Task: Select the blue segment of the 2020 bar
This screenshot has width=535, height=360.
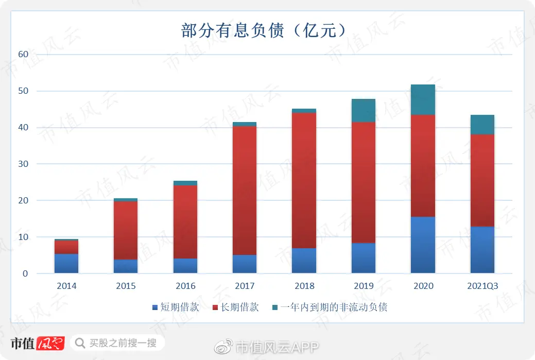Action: [423, 245]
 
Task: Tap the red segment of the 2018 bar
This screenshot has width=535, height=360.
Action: [304, 180]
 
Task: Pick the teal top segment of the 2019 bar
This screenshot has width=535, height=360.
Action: [363, 110]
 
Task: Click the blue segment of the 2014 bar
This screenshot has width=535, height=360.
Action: [66, 264]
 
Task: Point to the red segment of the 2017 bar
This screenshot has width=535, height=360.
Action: [245, 191]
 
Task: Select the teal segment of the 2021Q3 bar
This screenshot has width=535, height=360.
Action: [482, 125]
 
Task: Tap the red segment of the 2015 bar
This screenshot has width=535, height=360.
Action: [126, 230]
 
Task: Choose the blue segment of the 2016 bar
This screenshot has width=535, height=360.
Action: [185, 266]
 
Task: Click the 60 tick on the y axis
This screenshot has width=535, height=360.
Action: [23, 54]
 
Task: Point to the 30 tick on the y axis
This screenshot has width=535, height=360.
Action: [23, 164]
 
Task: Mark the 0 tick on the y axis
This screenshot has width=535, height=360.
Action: [25, 273]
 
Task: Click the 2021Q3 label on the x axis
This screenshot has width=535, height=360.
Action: [482, 286]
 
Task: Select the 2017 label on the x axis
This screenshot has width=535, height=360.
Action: [245, 286]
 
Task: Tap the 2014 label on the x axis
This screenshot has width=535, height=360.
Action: [66, 286]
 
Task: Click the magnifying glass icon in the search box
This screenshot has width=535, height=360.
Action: [80, 342]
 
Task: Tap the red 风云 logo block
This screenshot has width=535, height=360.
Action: [51, 343]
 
